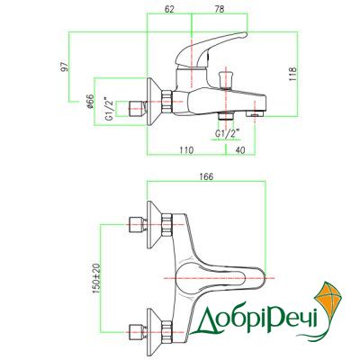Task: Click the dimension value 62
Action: tap(169, 9)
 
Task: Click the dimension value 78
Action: tap(220, 9)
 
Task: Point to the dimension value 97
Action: tap(65, 67)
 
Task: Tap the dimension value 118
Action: tap(292, 74)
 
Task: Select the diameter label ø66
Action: tap(90, 102)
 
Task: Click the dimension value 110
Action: tap(186, 150)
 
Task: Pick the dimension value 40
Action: tap(240, 150)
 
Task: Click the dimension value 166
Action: tap(206, 176)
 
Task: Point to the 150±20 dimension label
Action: tap(96, 279)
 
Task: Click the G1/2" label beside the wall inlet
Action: tap(110, 109)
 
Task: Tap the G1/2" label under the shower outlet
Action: tap(228, 133)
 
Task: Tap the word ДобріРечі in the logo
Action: tap(255, 319)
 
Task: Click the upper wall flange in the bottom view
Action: tap(154, 225)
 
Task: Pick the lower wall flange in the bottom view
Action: tap(154, 329)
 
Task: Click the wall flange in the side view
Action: tap(154, 102)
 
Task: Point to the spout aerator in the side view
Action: tap(255, 114)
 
